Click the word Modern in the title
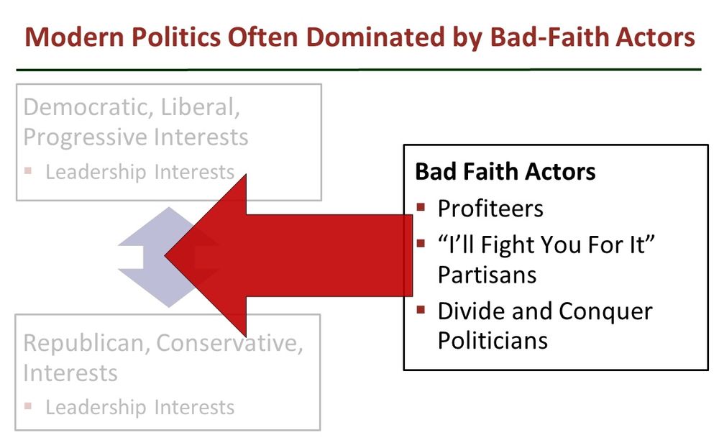74,37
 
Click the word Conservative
229,343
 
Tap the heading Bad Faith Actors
505,172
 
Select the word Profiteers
490,209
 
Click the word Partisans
487,275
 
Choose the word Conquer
605,312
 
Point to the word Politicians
493,341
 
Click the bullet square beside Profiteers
421,207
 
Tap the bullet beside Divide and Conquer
421,309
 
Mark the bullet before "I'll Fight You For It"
421,243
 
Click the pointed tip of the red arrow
165,255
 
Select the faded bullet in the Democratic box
28,171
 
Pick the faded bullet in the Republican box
28,406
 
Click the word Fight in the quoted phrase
508,246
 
